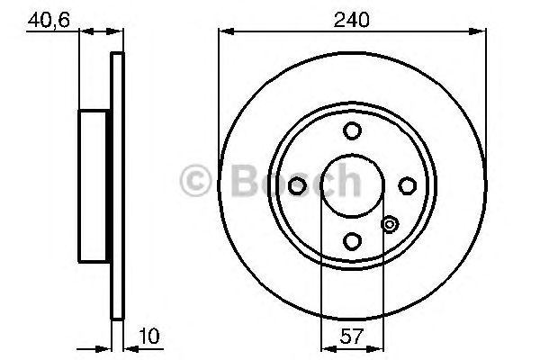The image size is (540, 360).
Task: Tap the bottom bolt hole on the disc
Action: click(353, 240)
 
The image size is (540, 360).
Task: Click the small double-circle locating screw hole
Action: click(390, 224)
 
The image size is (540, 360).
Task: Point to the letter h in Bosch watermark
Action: click(346, 184)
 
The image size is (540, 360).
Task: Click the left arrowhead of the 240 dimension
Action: click(223, 32)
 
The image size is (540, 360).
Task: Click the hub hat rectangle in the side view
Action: click(95, 184)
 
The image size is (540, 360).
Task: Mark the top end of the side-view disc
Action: click(116, 56)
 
